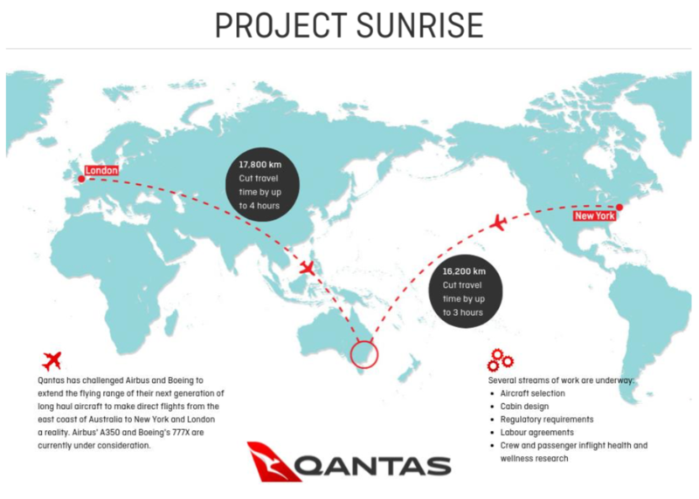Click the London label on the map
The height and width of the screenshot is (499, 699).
point(101,170)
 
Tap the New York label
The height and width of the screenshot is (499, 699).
point(595,215)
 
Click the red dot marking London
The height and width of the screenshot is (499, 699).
point(81,179)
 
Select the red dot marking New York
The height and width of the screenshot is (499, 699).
point(619,207)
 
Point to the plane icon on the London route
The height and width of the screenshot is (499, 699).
point(307,268)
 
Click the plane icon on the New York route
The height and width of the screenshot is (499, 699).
point(498,222)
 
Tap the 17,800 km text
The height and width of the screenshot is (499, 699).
point(260,165)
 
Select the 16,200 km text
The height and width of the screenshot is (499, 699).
point(464,271)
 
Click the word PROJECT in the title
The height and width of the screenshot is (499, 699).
point(280,25)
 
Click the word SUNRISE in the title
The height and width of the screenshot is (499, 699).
point(420,25)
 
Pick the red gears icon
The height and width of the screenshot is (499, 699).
point(500,360)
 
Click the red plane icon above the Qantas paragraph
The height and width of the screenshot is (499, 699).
point(52,360)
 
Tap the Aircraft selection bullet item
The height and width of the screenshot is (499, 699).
point(532,393)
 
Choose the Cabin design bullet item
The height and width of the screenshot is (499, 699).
point(524,407)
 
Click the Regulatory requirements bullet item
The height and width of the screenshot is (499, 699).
point(547,420)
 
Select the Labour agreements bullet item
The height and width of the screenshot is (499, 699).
point(536,432)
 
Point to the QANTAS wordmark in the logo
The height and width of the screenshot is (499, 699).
point(372,467)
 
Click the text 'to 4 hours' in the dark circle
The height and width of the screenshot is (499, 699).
point(259,206)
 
